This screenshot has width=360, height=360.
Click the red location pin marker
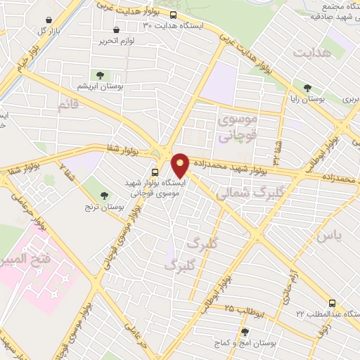click(180, 165)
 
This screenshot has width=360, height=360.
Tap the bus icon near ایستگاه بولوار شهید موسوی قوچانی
click(155, 172)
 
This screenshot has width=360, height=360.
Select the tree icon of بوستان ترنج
click(104, 195)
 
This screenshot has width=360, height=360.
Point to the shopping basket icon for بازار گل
click(48, 20)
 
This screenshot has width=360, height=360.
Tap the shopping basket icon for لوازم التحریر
click(116, 30)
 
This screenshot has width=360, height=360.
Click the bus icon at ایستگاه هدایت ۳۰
click(173, 15)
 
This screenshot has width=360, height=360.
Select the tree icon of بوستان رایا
click(307, 88)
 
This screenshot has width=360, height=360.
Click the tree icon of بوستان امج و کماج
click(245, 332)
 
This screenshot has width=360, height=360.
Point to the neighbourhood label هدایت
click(311, 53)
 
